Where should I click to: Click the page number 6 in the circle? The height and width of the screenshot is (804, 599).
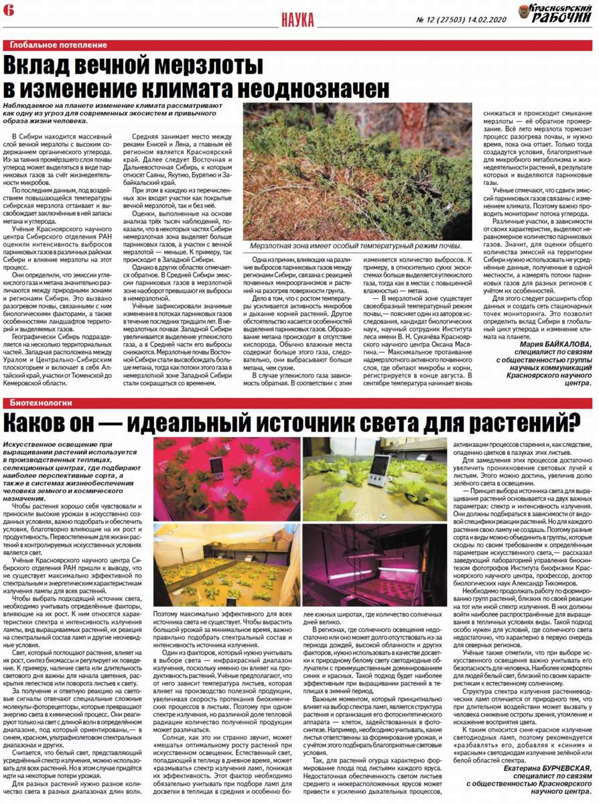click(7, 10)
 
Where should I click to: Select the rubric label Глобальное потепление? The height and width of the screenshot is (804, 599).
click(58, 45)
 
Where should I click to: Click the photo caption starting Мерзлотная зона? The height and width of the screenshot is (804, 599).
click(356, 247)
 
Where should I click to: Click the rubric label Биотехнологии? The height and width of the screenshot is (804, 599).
click(40, 403)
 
